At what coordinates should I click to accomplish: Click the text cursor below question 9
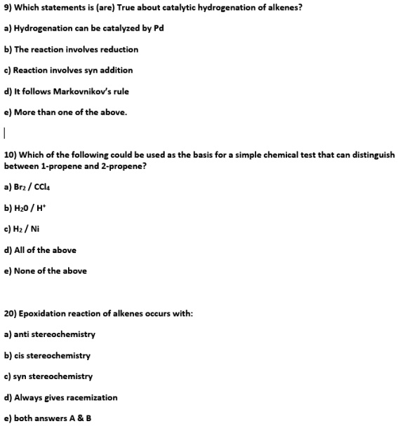[x=5, y=132]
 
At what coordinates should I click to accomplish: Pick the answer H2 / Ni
[x=25, y=229]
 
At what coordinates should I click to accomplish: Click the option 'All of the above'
[x=40, y=250]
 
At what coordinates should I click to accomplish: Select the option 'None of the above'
[x=46, y=271]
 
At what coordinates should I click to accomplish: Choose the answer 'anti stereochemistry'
[x=50, y=334]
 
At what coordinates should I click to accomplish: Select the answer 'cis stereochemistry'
[x=47, y=355]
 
